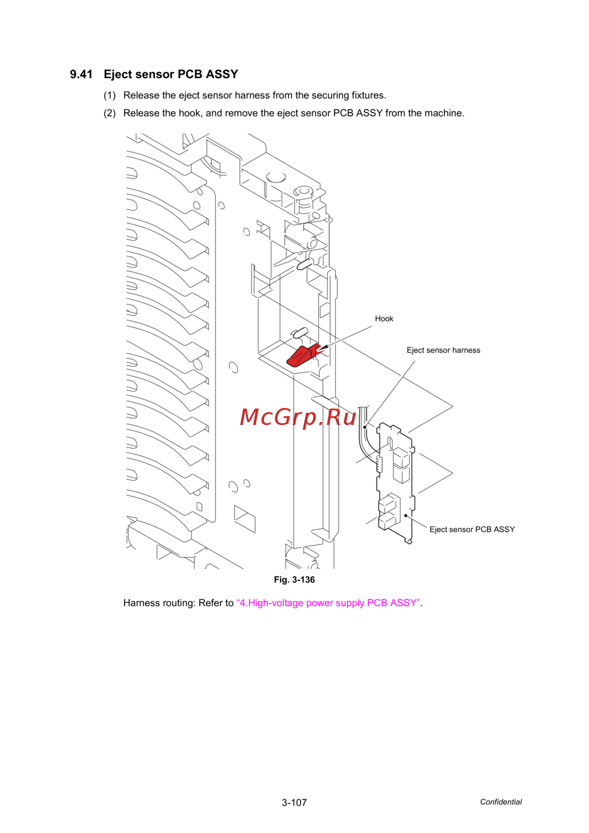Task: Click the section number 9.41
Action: pos(81,74)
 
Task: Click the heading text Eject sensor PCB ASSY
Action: pos(171,74)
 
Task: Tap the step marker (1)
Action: pos(110,95)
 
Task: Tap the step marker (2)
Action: pos(110,113)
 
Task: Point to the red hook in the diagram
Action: pos(302,356)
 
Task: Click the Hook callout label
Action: pos(384,318)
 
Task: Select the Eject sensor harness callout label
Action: pos(443,350)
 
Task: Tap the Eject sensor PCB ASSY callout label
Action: pos(472,529)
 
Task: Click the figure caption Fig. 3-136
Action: pos(294,580)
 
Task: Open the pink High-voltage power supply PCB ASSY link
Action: pos(329,603)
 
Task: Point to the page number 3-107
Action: pos(294,802)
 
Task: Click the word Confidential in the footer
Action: pos(501,802)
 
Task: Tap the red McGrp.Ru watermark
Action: pos(298,417)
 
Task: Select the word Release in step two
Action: pos(141,113)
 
